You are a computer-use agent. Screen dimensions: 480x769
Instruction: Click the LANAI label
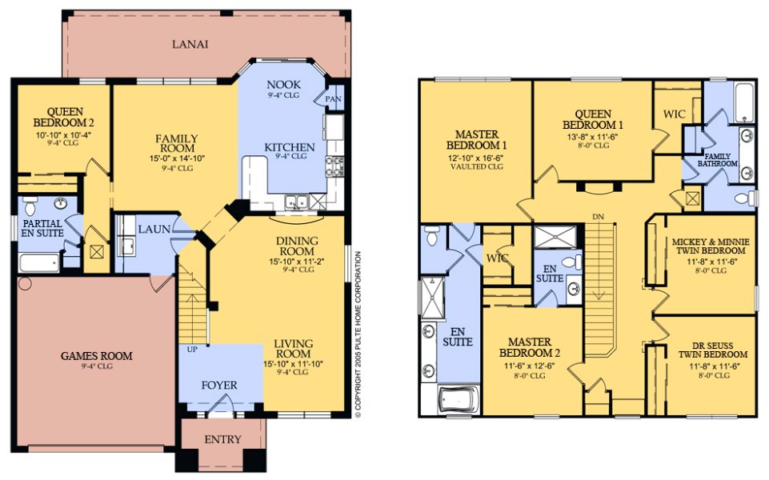[190, 45]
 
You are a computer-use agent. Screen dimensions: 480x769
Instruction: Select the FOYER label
[219, 386]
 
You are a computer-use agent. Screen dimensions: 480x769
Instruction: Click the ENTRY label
[222, 439]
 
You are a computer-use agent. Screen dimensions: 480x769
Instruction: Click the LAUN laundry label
[154, 229]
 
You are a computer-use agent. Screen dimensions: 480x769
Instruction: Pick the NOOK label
[283, 85]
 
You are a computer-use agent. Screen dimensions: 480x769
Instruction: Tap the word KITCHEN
[290, 147]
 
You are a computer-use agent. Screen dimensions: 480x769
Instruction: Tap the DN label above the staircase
[598, 217]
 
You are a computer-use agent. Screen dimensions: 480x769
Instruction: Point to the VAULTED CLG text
[478, 167]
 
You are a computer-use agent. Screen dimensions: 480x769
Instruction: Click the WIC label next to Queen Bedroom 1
[675, 114]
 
